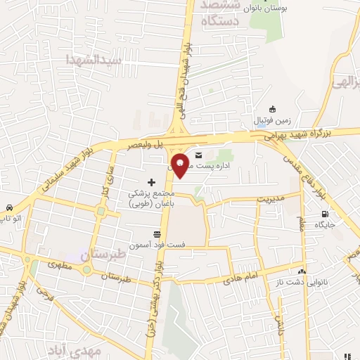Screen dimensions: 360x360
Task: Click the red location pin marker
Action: pyautogui.click(x=181, y=164)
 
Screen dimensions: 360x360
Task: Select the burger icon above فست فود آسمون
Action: pyautogui.click(x=157, y=235)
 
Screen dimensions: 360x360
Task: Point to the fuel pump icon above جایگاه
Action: pyautogui.click(x=324, y=214)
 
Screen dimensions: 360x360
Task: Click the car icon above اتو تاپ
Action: pyautogui.click(x=8, y=208)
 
